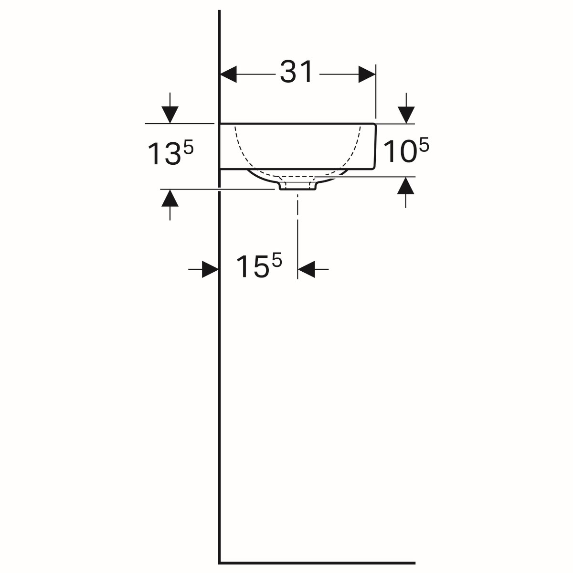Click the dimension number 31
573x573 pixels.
(x=296, y=72)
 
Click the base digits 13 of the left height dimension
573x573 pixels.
(x=164, y=154)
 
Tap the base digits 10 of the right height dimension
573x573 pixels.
(x=400, y=152)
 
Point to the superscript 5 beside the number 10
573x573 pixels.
(x=424, y=144)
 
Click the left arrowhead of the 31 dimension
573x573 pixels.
(x=228, y=74)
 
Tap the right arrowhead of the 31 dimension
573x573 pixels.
(x=367, y=74)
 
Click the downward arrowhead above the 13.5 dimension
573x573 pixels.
(x=170, y=115)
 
